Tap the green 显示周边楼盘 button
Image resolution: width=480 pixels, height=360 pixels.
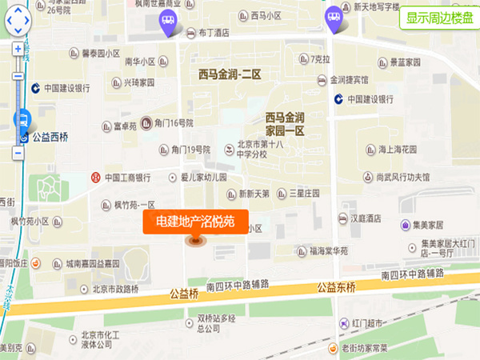pyautogui.click(x=438, y=18)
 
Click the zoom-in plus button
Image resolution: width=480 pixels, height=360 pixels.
pyautogui.click(x=18, y=49)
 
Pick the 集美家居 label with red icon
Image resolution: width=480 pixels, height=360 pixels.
pyautogui.click(x=438, y=226)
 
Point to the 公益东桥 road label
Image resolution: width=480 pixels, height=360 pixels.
pyautogui.click(x=336, y=286)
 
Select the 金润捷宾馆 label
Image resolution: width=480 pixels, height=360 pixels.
pyautogui.click(x=348, y=80)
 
